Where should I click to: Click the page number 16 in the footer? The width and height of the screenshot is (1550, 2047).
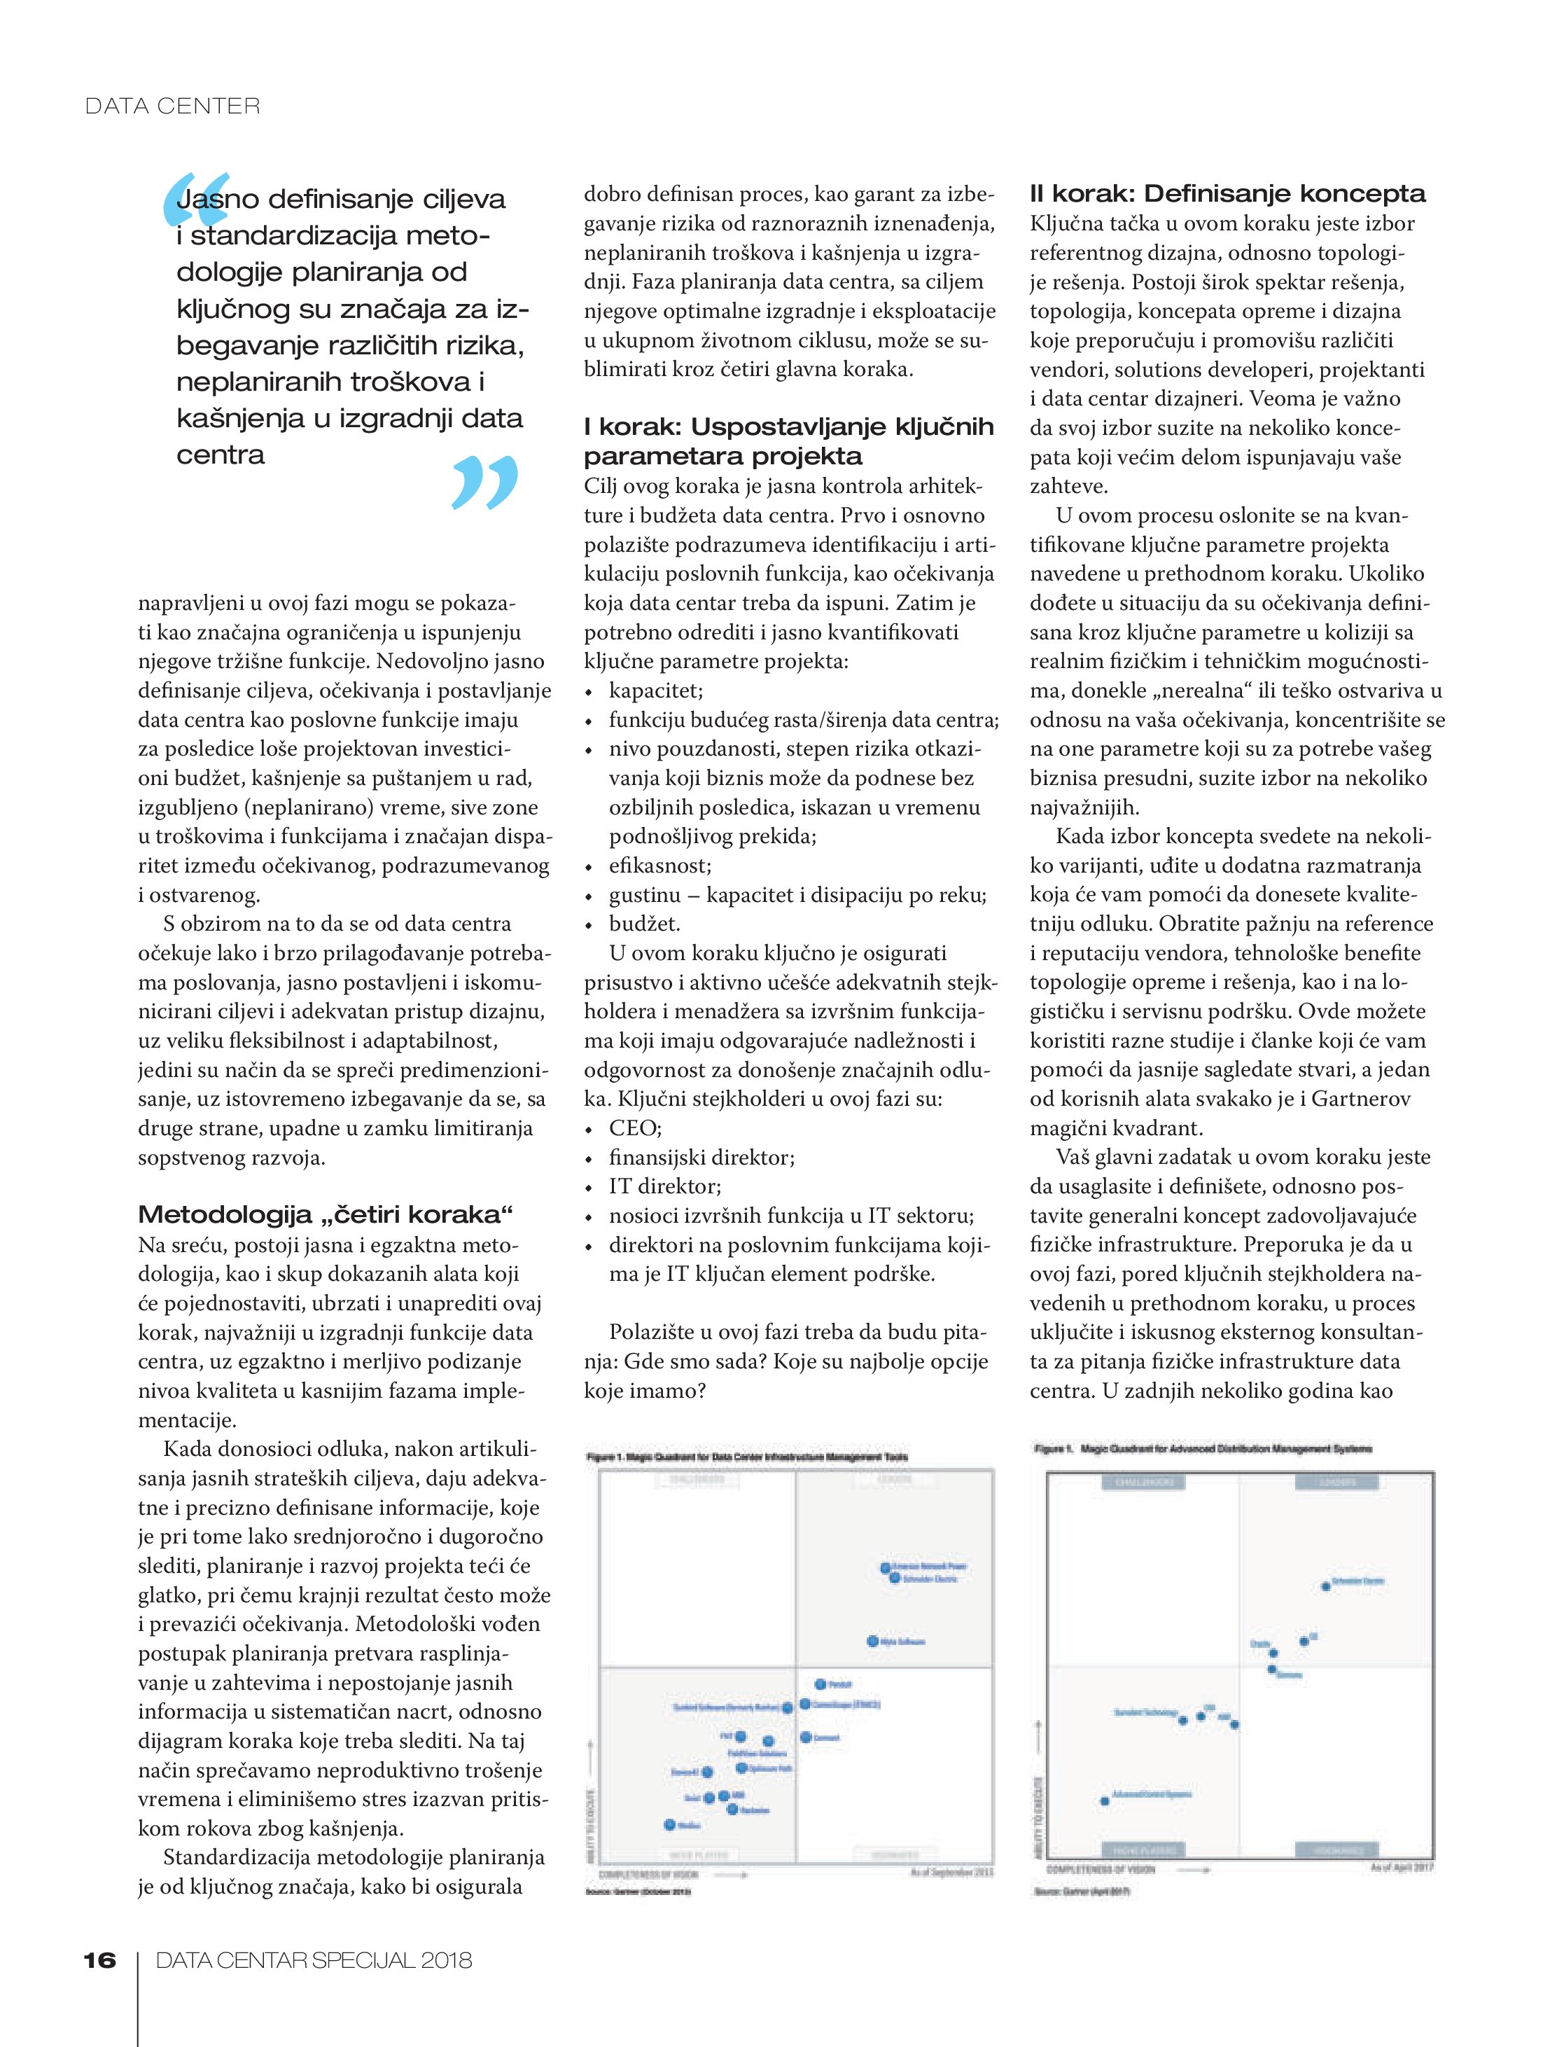click(100, 1960)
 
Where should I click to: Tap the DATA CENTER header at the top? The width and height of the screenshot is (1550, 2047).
click(172, 106)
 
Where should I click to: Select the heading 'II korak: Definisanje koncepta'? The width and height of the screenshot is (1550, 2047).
click(1227, 195)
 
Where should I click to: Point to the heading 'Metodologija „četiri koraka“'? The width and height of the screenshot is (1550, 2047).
click(325, 1214)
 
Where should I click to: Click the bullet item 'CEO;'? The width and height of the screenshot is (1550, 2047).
click(635, 1128)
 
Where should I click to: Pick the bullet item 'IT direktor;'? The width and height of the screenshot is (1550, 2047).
click(664, 1186)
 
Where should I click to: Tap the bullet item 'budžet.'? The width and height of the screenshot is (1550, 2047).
click(644, 924)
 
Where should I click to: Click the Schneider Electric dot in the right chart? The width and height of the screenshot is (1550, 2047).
click(1325, 1586)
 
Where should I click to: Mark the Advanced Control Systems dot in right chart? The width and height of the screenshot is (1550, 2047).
click(1105, 1801)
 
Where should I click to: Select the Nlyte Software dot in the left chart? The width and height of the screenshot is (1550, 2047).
click(872, 1641)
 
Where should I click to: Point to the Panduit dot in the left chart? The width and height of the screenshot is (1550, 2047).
click(820, 1684)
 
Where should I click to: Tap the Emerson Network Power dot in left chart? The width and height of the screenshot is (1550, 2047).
click(886, 1567)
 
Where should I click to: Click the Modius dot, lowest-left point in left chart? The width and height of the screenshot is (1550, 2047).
click(670, 1825)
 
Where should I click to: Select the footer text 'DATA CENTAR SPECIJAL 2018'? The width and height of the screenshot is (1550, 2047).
click(314, 1960)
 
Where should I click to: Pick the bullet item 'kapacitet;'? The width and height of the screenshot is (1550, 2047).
click(655, 691)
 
